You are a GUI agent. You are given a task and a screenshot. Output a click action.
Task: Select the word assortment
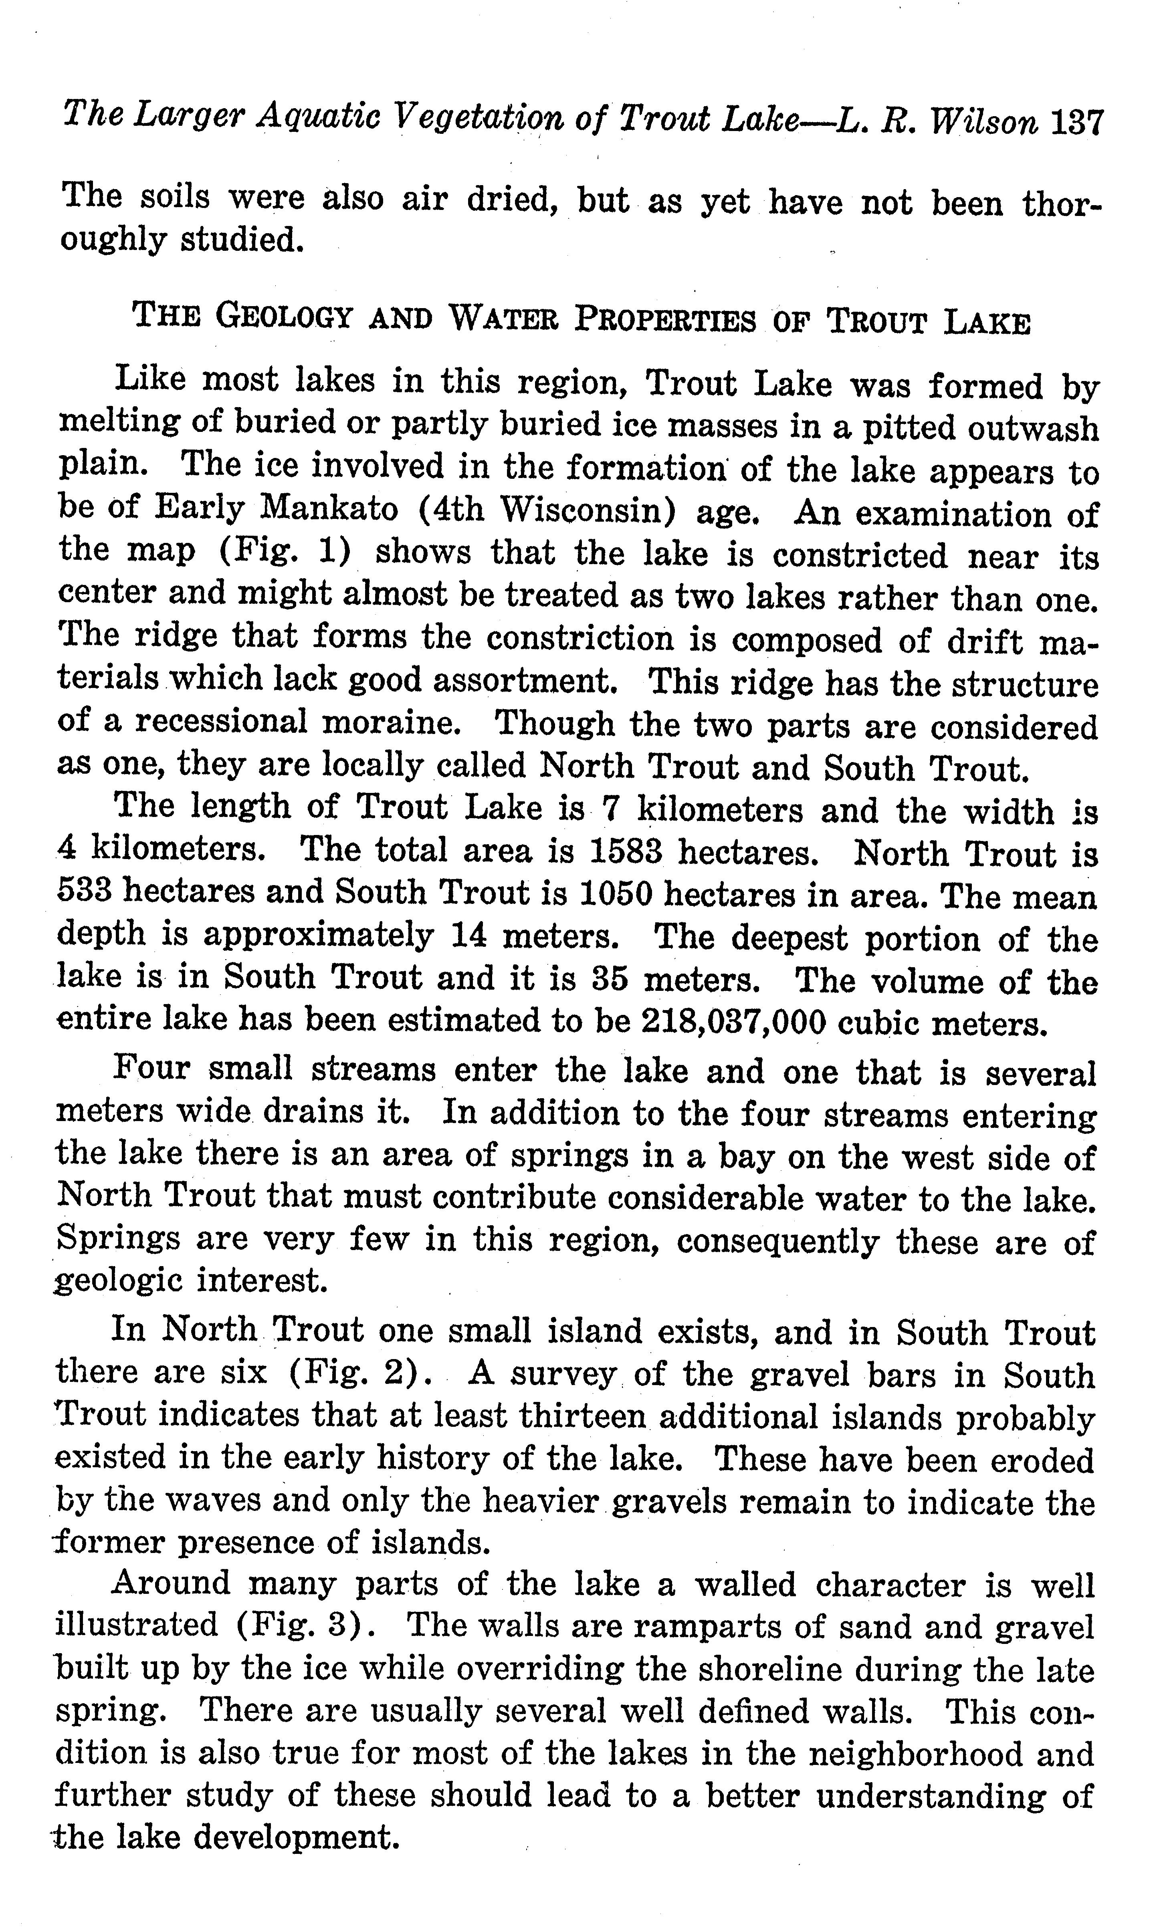[527, 680]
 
